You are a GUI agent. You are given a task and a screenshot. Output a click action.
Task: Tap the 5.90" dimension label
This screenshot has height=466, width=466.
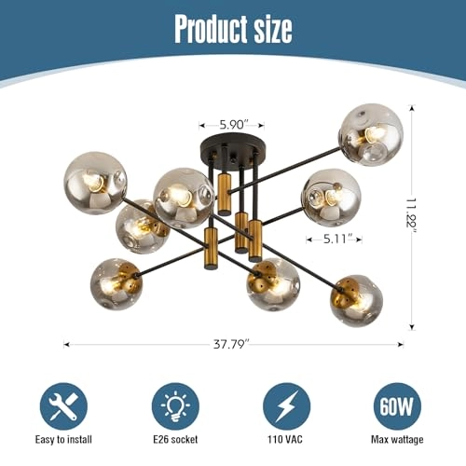231,123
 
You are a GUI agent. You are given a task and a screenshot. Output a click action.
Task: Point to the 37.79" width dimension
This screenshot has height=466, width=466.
234,343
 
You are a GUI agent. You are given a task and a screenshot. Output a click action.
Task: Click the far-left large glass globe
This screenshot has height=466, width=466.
95,183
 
